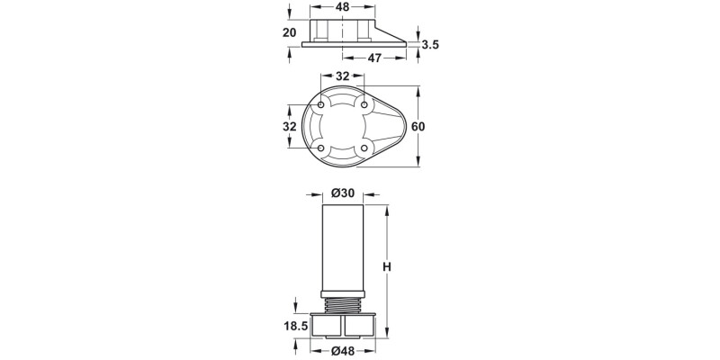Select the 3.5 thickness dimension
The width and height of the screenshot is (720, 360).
point(429,44)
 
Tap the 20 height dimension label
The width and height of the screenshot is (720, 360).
point(289,32)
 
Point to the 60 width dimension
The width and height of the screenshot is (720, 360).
point(418,127)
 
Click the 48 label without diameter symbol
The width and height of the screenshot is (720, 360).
point(343,6)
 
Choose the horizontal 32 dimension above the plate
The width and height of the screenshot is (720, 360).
point(343,76)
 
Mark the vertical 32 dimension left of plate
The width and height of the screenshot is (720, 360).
point(289,127)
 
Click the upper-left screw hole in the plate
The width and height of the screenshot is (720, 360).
point(321,106)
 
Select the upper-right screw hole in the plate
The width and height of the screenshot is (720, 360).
point(364,106)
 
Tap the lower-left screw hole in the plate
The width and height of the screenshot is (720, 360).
point(321,148)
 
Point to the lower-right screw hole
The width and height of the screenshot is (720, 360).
point(364,148)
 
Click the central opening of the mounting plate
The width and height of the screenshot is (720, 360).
point(343,127)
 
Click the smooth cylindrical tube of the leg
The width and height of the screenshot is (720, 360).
point(343,247)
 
